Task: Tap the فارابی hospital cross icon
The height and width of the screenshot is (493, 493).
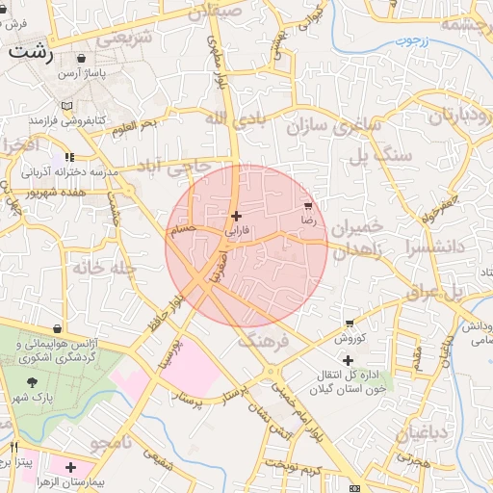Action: click(237, 216)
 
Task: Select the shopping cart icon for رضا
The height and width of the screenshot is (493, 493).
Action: click(308, 206)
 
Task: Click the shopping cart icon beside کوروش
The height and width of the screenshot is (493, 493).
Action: click(349, 324)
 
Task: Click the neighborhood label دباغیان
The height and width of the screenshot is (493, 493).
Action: click(421, 430)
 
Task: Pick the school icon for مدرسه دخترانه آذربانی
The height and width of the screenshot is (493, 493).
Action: click(68, 157)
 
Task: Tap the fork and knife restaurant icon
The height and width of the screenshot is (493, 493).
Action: click(13, 448)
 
